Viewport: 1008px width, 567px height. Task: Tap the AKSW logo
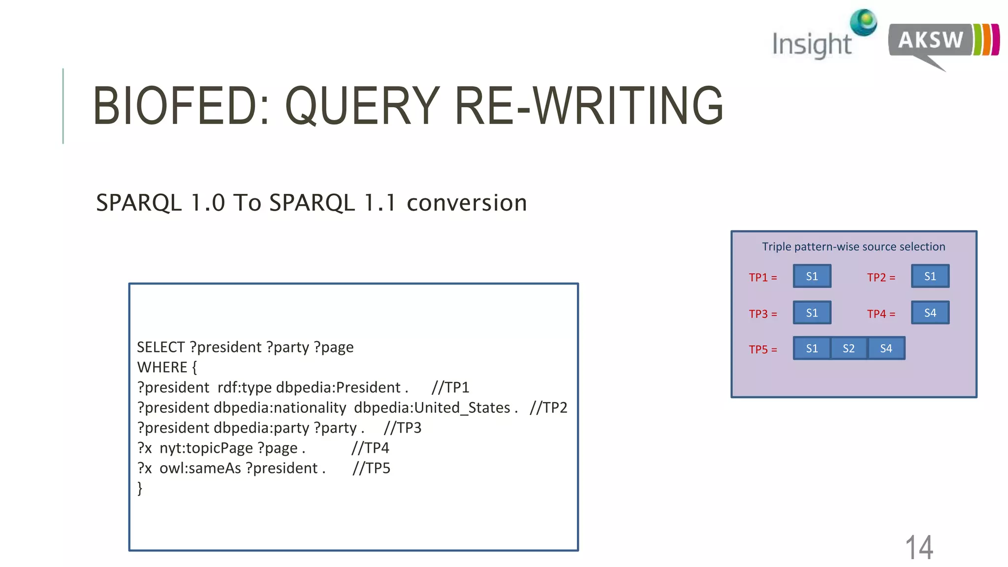pyautogui.click(x=943, y=42)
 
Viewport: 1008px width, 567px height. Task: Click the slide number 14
pyautogui.click(x=919, y=547)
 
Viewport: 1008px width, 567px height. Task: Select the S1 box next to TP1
pyautogui.click(x=812, y=276)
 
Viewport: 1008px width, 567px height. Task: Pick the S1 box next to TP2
pyautogui.click(x=930, y=276)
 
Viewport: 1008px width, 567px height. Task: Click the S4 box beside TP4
pyautogui.click(x=930, y=313)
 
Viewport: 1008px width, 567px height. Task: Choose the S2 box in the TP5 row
pyautogui.click(x=849, y=348)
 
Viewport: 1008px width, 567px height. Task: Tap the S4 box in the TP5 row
pyautogui.click(x=886, y=348)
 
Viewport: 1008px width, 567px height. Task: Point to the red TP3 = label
pyautogui.click(x=763, y=314)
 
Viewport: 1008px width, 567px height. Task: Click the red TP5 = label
pyautogui.click(x=763, y=349)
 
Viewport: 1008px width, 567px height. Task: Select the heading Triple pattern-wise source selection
pyautogui.click(x=853, y=247)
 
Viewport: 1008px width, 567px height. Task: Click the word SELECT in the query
pyautogui.click(x=160, y=347)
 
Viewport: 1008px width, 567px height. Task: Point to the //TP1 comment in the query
pyautogui.click(x=450, y=388)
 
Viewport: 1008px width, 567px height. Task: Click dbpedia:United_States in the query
pyautogui.click(x=432, y=408)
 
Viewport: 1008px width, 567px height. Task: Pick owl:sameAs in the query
pyautogui.click(x=200, y=469)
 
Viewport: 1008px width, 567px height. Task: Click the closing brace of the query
pyautogui.click(x=140, y=488)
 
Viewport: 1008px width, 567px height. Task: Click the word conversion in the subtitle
pyautogui.click(x=467, y=203)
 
